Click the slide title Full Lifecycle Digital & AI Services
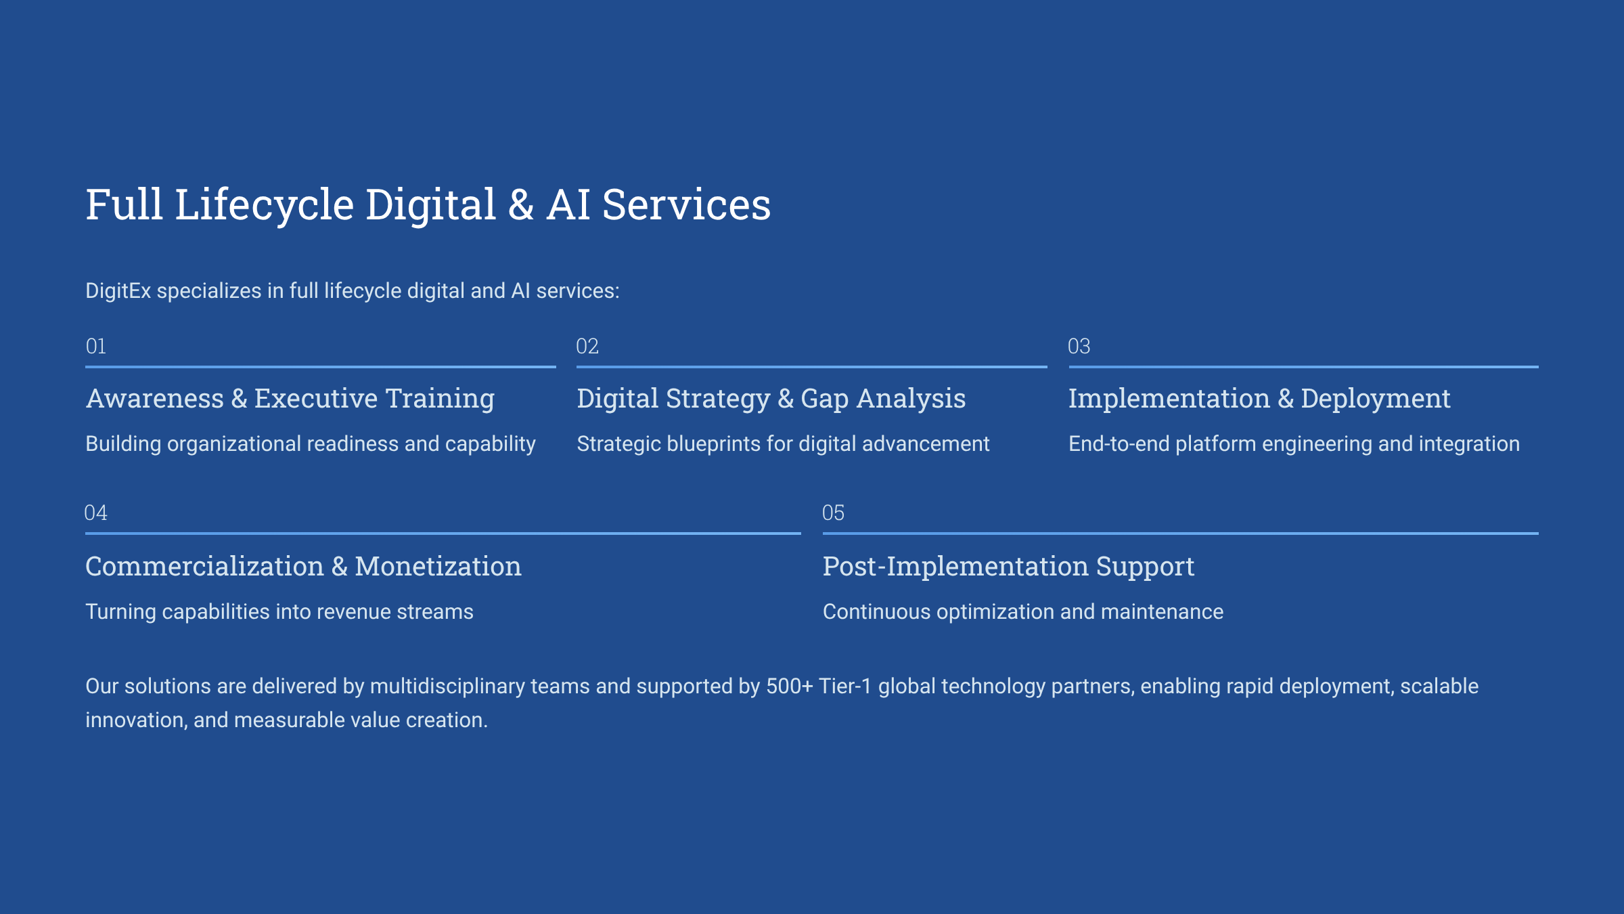(428, 204)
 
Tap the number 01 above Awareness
(96, 347)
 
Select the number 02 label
(587, 347)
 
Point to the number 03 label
(1079, 347)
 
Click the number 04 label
(96, 513)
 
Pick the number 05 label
(834, 513)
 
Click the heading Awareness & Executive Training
(290, 399)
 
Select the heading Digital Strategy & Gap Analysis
(771, 399)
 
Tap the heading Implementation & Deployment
(1259, 399)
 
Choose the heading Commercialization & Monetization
(303, 566)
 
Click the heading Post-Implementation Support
(1008, 567)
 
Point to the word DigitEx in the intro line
(118, 291)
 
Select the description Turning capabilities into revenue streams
(279, 612)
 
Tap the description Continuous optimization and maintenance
(1023, 612)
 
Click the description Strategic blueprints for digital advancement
(783, 444)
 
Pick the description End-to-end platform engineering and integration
(1294, 444)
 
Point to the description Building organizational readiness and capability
(311, 444)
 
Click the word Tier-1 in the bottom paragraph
(845, 686)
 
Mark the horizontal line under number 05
(1181, 534)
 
